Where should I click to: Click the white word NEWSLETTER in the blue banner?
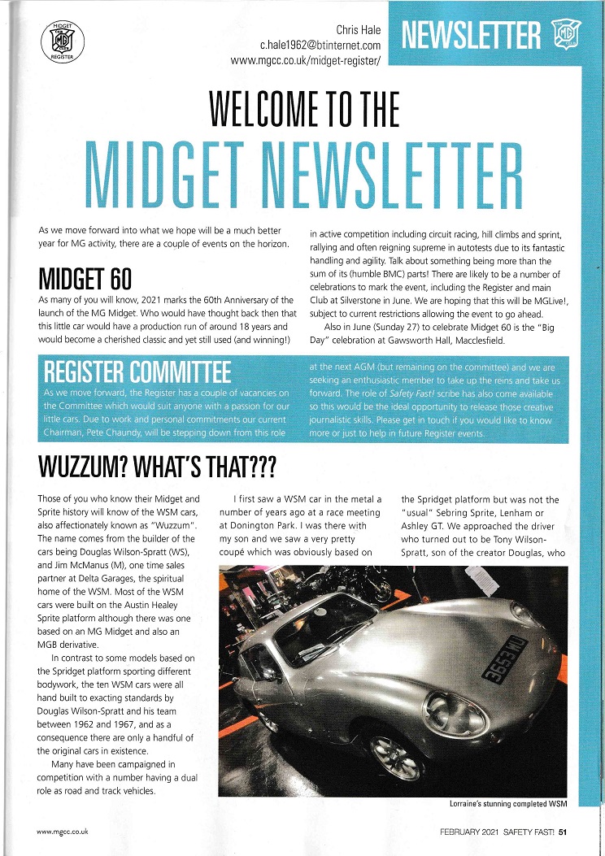coord(470,37)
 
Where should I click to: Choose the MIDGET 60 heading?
coord(85,276)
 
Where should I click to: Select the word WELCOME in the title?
coord(276,110)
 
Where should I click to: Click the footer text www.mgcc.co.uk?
coord(63,831)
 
